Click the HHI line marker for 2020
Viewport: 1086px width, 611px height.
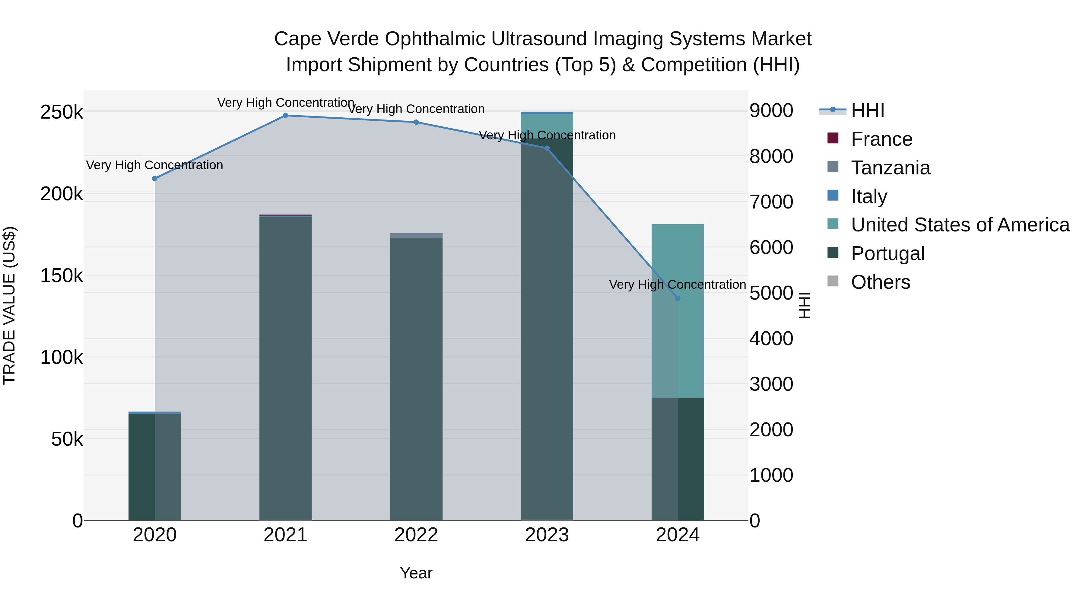(x=155, y=179)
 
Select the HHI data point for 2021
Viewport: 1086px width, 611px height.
(x=285, y=116)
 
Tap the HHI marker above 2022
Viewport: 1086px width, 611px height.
(x=416, y=122)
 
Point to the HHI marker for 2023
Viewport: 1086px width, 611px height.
(x=547, y=148)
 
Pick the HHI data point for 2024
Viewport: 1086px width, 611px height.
(x=678, y=298)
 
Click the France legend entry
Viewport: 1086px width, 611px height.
(x=881, y=139)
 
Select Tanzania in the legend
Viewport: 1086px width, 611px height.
(x=891, y=168)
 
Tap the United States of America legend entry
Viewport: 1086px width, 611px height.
(x=960, y=225)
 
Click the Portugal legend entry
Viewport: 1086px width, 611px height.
(x=888, y=253)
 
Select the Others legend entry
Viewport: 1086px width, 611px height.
(x=880, y=282)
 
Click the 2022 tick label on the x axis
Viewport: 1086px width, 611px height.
(x=416, y=535)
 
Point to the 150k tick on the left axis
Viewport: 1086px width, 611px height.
(x=62, y=276)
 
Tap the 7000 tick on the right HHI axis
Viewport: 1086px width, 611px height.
(x=771, y=202)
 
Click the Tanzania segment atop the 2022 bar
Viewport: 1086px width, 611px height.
(x=416, y=235)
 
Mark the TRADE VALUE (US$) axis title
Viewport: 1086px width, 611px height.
(x=9, y=305)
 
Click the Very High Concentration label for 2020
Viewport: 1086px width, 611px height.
(x=155, y=165)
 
